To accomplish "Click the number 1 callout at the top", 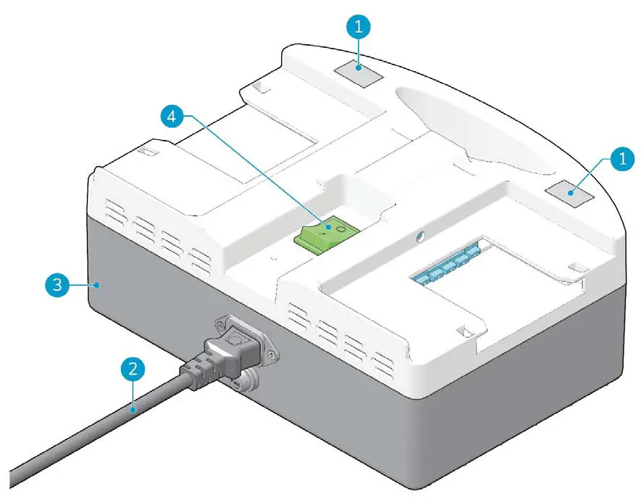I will point(360,28).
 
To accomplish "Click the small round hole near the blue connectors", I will point(419,235).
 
